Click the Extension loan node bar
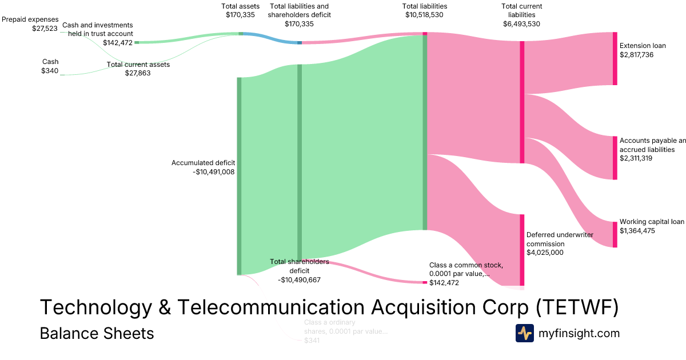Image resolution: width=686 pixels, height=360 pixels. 615,59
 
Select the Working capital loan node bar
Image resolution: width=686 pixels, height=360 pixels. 615,234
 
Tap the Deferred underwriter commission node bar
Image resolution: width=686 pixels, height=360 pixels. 521,250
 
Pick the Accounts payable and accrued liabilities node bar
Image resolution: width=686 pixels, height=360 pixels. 615,158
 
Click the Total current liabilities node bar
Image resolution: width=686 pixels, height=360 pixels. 521,102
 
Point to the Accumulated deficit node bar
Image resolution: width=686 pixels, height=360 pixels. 239,175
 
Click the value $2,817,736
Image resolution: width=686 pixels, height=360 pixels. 636,55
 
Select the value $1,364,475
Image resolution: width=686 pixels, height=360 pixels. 637,231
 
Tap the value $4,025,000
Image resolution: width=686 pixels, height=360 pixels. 545,252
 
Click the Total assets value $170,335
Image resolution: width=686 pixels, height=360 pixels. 241,15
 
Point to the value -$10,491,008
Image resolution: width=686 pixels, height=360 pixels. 214,171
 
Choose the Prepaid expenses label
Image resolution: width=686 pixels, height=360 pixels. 30,19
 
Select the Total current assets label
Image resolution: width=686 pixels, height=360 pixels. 138,65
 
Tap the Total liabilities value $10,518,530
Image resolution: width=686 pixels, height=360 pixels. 424,15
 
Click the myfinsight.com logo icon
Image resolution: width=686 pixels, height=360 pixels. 524,333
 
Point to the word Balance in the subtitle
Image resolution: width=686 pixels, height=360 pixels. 66,333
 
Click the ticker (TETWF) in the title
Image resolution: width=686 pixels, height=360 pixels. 577,307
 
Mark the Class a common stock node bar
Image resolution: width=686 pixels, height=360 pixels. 425,282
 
